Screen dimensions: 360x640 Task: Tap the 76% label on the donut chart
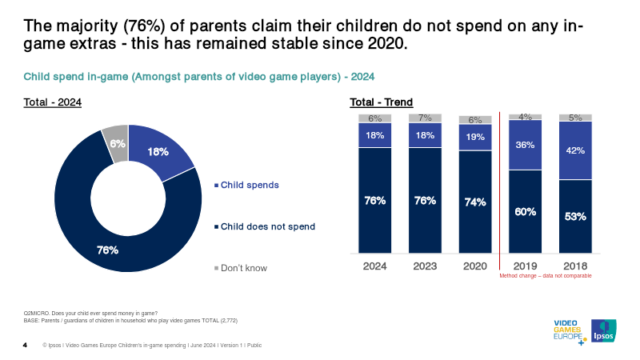point(107,250)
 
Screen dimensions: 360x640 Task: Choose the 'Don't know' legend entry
point(242,268)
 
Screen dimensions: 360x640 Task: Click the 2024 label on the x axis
point(374,265)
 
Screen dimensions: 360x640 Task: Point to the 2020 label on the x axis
point(475,265)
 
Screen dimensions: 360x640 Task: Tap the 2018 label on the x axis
point(575,265)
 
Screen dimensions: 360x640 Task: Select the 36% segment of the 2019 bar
point(525,146)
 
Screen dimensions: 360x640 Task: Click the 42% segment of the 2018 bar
point(575,150)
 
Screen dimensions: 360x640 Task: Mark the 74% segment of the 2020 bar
point(475,202)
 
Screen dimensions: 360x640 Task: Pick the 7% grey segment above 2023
point(425,118)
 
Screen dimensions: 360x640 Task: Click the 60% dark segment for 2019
point(525,212)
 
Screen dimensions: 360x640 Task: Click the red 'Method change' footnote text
point(546,275)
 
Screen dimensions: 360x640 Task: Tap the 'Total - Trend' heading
point(381,102)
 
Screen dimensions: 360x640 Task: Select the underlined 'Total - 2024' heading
point(52,102)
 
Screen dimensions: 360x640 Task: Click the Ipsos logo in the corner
point(603,330)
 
